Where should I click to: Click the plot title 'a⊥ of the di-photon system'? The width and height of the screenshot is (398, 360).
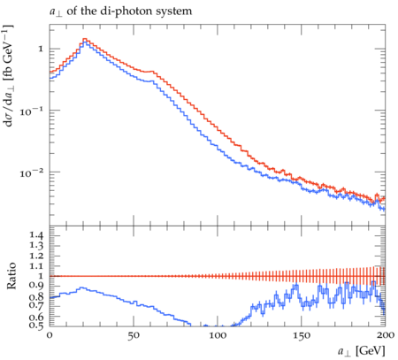tap(120, 11)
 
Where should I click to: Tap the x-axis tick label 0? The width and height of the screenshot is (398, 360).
tap(50, 335)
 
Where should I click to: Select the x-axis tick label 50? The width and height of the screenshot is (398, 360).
tap(134, 335)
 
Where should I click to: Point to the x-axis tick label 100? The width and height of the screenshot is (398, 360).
tap(218, 335)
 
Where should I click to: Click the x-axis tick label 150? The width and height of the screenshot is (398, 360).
tap(302, 335)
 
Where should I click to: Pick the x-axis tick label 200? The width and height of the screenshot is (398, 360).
tap(386, 335)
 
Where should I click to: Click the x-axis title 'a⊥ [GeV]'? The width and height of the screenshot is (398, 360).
tap(362, 351)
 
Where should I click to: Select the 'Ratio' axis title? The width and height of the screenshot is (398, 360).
tap(11, 276)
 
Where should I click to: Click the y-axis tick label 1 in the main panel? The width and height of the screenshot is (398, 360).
tap(41, 49)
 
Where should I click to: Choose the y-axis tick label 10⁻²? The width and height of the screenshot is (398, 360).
tap(31, 172)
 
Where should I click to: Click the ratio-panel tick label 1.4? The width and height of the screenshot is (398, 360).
tap(36, 235)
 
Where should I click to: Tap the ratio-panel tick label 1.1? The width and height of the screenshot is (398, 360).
tap(36, 266)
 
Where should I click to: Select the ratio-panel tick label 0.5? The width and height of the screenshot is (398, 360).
tap(36, 326)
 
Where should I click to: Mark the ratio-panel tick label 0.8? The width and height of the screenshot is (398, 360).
tap(36, 296)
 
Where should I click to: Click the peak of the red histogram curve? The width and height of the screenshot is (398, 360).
tap(85, 39)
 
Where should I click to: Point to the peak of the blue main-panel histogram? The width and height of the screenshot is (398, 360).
tap(85, 42)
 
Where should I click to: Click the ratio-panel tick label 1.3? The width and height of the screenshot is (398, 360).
tap(36, 246)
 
